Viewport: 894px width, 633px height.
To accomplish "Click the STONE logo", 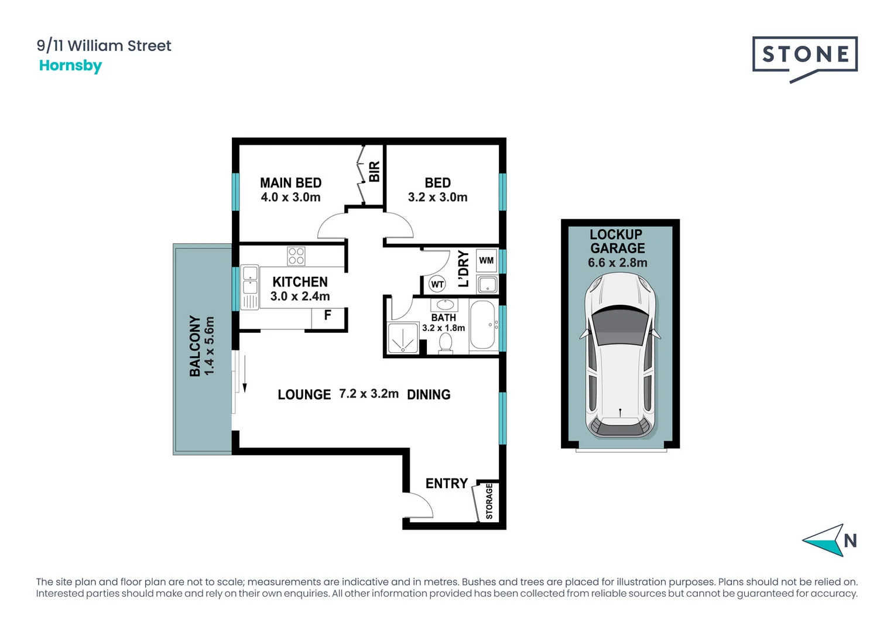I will click(804, 56).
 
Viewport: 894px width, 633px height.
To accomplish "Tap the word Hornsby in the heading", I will click(70, 65).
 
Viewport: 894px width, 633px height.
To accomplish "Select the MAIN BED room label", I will click(290, 183).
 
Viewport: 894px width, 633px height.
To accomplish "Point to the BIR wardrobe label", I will click(374, 172).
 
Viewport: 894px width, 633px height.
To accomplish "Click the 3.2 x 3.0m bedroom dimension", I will click(437, 198).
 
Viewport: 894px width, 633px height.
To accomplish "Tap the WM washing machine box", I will click(486, 260).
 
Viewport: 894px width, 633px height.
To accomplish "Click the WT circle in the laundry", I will click(437, 284).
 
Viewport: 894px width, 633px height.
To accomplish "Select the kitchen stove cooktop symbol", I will click(296, 256).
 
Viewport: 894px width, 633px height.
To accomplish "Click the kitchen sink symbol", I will click(250, 280).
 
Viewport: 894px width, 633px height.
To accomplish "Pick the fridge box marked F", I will click(327, 316).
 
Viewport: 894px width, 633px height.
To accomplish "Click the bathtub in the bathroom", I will click(483, 326).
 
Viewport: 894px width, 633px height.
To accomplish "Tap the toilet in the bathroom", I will click(446, 343).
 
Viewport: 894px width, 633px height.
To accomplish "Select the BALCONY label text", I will click(195, 346).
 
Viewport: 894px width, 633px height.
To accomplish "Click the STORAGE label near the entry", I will click(489, 501).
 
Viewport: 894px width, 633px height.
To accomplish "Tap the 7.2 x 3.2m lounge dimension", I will click(369, 394).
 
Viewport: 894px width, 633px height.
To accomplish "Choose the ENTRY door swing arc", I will click(420, 504).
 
